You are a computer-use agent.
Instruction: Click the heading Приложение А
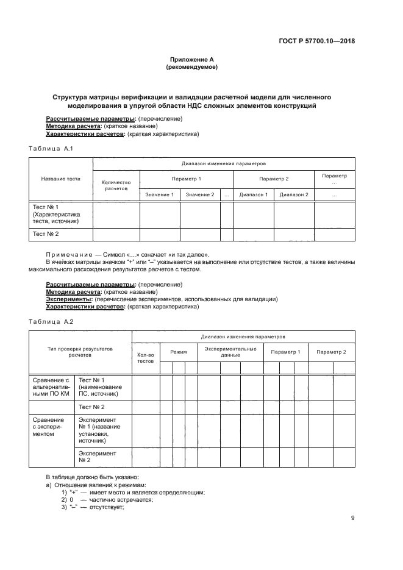click(x=191, y=60)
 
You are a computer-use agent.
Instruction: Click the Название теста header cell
click(x=61, y=179)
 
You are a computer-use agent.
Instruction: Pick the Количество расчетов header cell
click(x=116, y=185)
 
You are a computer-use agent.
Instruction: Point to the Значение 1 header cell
click(x=160, y=194)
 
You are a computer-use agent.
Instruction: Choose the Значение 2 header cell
click(x=200, y=194)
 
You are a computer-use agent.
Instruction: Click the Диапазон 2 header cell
click(x=294, y=194)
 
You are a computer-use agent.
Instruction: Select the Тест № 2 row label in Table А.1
click(x=46, y=234)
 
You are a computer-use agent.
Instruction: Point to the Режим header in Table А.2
click(x=179, y=352)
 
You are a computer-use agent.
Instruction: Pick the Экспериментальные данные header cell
click(x=230, y=352)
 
